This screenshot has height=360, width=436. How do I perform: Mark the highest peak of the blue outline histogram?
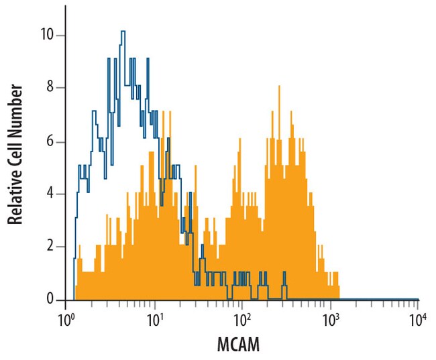123,32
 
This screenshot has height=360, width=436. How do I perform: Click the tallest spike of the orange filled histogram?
280,85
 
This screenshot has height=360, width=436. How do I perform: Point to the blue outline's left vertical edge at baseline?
74,298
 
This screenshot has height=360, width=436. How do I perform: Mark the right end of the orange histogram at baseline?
339,298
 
